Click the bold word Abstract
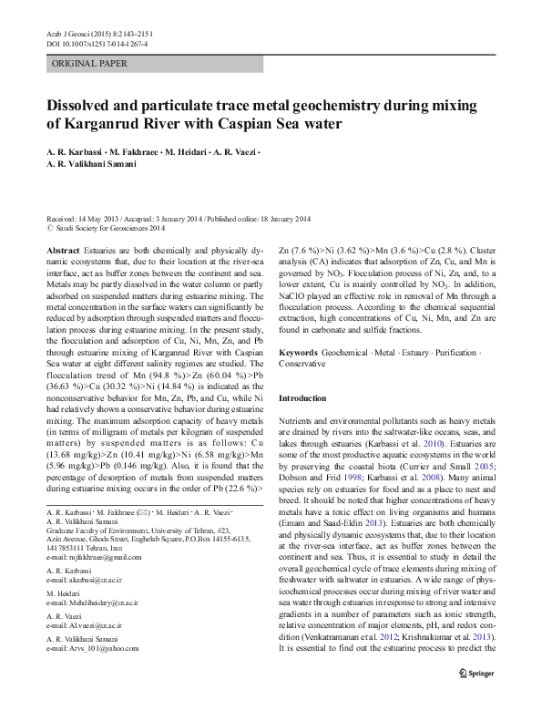[x=62, y=250]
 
